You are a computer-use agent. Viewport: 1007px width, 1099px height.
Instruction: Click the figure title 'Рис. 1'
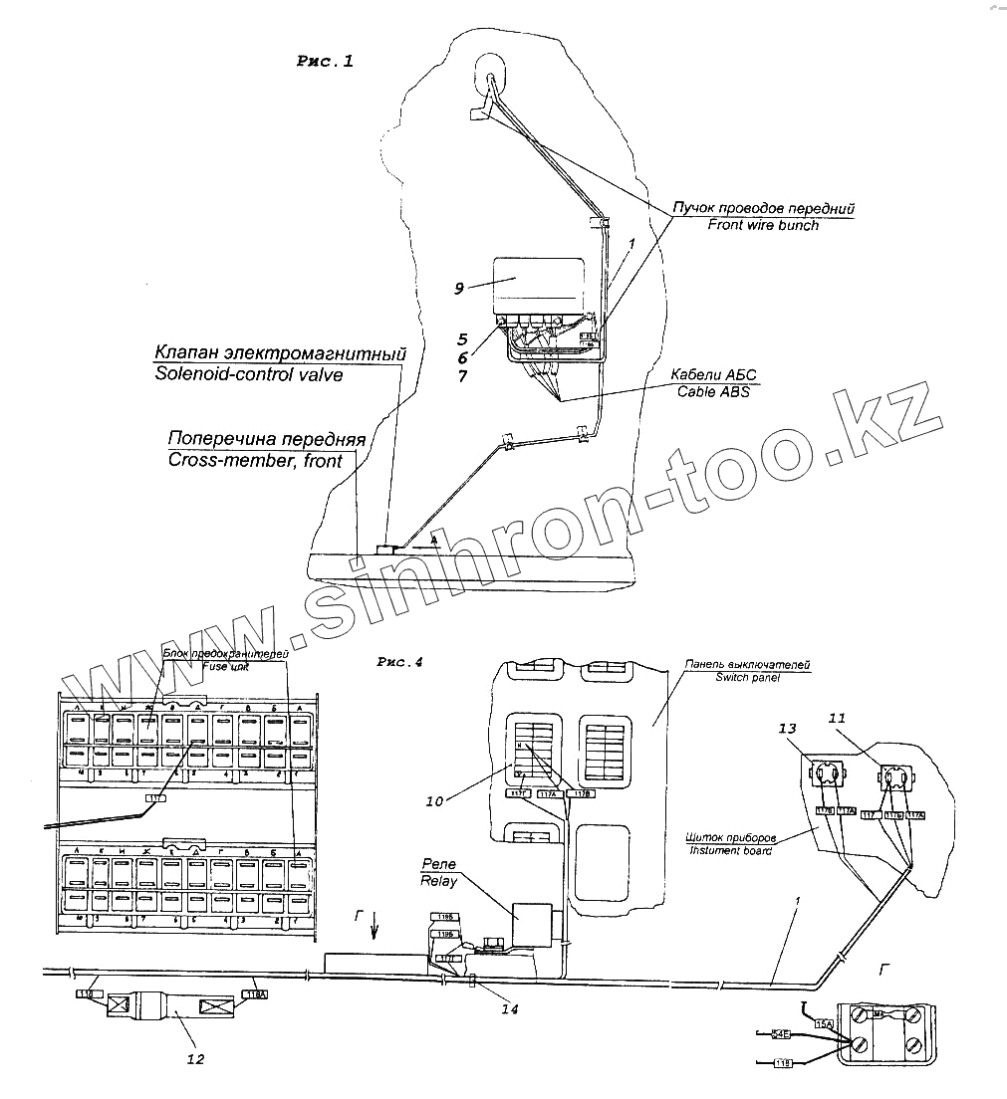click(325, 62)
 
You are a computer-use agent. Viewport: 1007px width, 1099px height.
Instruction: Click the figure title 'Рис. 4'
click(400, 662)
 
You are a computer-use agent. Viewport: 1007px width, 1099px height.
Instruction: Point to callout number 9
click(459, 288)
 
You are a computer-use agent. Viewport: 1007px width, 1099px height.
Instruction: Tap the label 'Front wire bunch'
click(763, 226)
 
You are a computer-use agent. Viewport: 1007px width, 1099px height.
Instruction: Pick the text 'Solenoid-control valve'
click(250, 374)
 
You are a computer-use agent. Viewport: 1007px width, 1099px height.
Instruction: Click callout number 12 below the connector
click(196, 1059)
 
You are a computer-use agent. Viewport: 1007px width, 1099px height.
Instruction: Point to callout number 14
click(511, 1008)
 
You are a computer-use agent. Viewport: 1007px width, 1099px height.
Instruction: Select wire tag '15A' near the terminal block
click(823, 1022)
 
